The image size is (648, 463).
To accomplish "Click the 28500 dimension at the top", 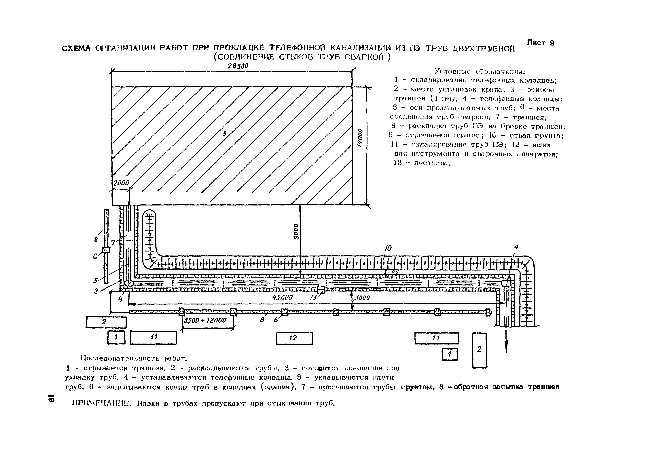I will [238, 66].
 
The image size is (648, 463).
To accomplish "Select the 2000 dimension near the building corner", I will [121, 183].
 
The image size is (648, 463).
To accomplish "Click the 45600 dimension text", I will [282, 298].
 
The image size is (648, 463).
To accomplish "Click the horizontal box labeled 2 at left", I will [106, 322].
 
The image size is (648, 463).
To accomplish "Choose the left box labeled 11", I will [154, 338].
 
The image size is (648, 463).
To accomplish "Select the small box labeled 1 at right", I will [450, 354].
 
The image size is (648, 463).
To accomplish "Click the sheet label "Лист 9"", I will [541, 43].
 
